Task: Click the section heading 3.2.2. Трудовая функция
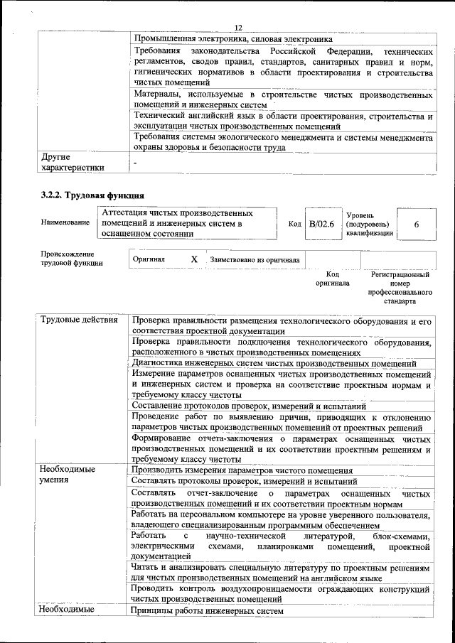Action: (92, 195)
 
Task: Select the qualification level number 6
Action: (416, 224)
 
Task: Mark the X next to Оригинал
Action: (194, 260)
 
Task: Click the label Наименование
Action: (65, 222)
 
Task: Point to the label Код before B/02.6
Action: (294, 224)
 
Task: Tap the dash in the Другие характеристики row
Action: (134, 163)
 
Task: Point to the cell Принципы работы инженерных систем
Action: (208, 611)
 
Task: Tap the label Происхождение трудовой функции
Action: (68, 259)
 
